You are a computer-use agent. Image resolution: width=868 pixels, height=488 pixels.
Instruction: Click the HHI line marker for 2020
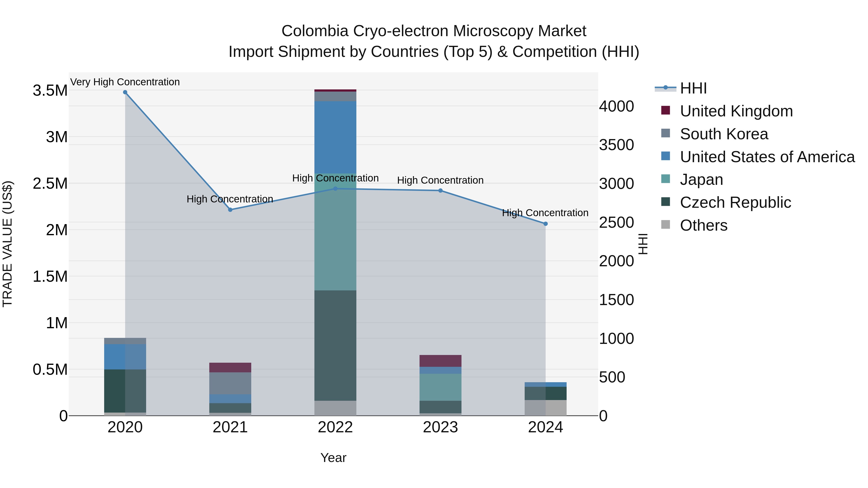125,92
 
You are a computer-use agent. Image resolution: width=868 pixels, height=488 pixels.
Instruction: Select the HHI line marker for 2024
546,224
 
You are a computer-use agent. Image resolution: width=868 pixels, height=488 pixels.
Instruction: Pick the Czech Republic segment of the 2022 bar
335,345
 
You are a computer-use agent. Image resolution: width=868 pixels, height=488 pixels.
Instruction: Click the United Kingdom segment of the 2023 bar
441,361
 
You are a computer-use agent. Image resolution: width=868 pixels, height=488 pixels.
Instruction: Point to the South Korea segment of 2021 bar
230,383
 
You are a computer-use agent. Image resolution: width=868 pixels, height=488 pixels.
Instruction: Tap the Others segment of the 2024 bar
546,408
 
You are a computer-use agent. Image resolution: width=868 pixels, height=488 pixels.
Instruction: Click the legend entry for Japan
701,180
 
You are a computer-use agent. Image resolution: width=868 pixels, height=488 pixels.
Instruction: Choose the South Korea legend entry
724,134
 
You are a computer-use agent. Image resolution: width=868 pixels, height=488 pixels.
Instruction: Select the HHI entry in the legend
693,88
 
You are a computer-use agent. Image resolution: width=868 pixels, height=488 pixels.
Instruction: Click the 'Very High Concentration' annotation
125,82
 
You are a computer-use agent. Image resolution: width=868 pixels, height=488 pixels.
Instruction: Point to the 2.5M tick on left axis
50,184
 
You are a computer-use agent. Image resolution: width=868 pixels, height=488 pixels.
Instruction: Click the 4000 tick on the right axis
616,107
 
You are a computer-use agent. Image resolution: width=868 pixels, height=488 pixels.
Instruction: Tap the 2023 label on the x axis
441,427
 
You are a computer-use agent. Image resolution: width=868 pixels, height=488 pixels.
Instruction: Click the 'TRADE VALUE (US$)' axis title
8,244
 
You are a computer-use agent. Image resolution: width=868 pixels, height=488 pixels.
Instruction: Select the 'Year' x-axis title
333,458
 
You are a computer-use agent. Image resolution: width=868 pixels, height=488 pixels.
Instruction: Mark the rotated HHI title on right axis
643,244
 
